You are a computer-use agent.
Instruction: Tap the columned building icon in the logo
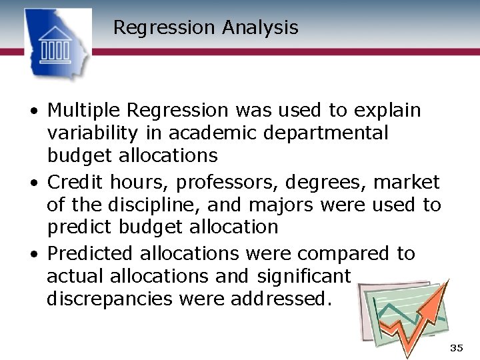[56, 45]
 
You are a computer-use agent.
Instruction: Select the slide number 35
[456, 348]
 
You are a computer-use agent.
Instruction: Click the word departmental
[326, 133]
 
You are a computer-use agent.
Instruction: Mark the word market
[407, 182]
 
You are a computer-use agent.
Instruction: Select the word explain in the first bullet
[387, 110]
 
